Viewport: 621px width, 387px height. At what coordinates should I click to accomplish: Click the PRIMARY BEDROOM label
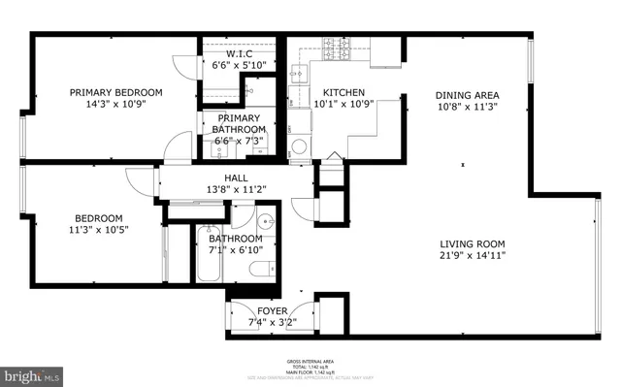tap(115, 93)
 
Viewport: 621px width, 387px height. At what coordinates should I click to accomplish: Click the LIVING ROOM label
tap(473, 243)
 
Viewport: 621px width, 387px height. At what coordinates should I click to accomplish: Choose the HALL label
tap(236, 178)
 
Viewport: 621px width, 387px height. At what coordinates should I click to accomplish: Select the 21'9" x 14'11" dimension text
tap(473, 256)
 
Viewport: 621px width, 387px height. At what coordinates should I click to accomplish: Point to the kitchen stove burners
tap(335, 47)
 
